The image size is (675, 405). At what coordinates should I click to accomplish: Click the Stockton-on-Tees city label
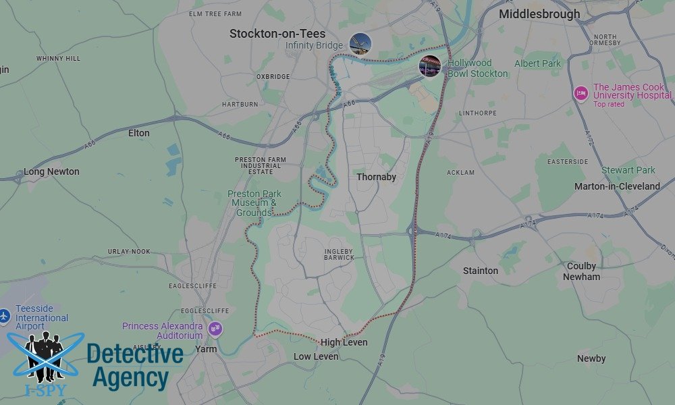[x=277, y=34]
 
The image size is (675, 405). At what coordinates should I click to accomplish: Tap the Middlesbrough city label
[x=539, y=14]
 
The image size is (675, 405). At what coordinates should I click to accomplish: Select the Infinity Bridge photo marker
[x=360, y=44]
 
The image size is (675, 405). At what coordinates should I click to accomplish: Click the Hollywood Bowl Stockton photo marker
[x=430, y=66]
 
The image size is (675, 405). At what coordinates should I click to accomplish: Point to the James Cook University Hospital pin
[x=580, y=93]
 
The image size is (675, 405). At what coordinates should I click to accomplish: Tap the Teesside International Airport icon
[x=5, y=315]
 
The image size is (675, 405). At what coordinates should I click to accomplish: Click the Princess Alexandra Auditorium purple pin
[x=215, y=329]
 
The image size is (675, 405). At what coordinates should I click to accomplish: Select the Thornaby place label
[x=376, y=177]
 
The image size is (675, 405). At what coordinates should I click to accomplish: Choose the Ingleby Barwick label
[x=339, y=254]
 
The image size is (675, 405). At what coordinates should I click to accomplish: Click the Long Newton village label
[x=51, y=171]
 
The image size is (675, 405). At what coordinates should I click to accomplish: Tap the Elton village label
[x=138, y=133]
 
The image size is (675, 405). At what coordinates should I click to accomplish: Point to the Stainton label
[x=481, y=271]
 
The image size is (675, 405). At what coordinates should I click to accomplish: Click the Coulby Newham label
[x=581, y=271]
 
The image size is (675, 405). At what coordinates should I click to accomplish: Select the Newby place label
[x=591, y=358]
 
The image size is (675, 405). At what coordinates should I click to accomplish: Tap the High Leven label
[x=344, y=342]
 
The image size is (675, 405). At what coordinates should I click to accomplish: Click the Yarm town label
[x=205, y=349]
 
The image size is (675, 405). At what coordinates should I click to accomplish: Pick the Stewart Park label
[x=628, y=171]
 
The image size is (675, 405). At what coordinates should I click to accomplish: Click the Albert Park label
[x=538, y=63]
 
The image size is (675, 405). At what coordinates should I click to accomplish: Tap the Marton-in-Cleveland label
[x=617, y=186]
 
